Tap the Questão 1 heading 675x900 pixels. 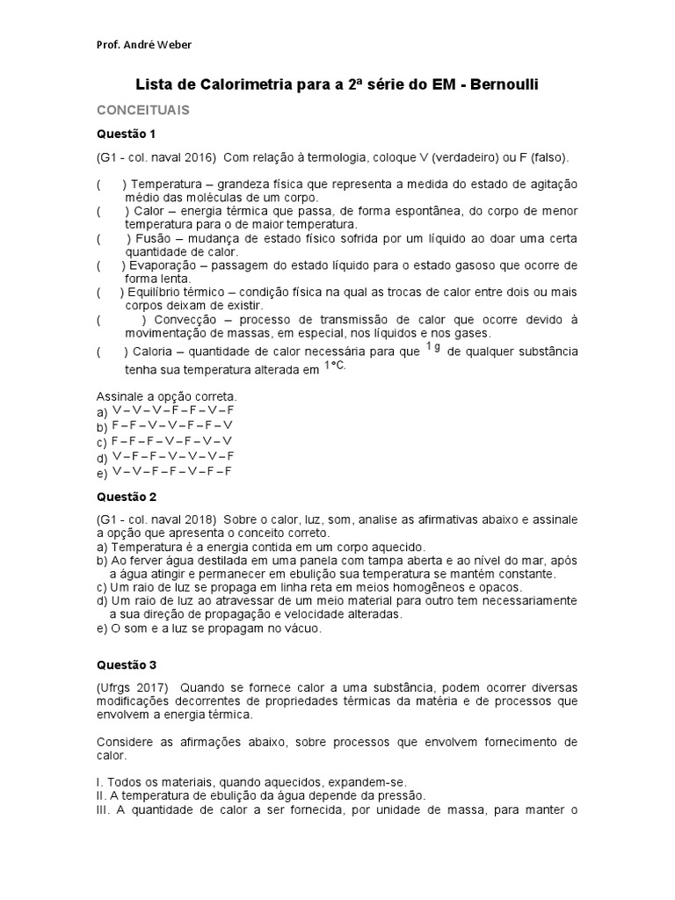(x=125, y=134)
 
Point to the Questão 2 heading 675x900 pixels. (x=125, y=496)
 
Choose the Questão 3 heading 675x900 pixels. (x=125, y=665)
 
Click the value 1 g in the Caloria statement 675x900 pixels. (x=433, y=348)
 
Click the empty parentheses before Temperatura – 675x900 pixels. (x=112, y=184)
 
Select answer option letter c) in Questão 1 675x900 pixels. (x=102, y=442)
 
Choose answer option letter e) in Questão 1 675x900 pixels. (x=102, y=472)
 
